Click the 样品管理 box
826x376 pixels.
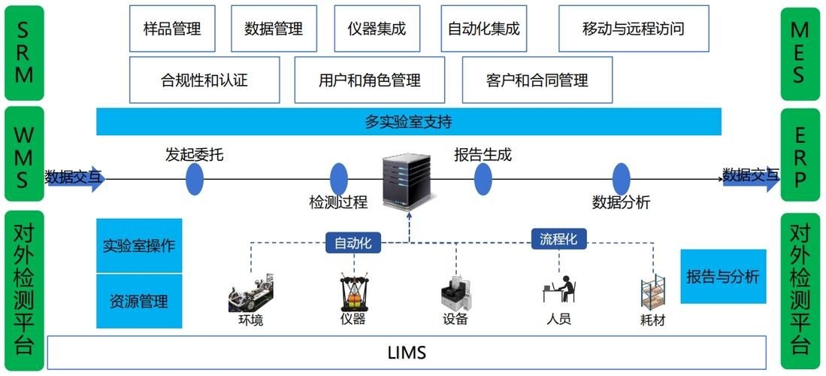pyautogui.click(x=171, y=29)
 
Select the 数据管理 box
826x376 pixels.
pyautogui.click(x=274, y=29)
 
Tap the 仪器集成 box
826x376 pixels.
pyautogui.click(x=377, y=29)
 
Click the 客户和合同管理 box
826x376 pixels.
pyautogui.click(x=537, y=80)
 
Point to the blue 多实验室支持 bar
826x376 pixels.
pyautogui.click(x=408, y=122)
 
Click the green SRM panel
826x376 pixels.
pyautogui.click(x=24, y=53)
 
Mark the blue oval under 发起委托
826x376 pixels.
pyautogui.click(x=195, y=179)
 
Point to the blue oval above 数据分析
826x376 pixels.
pyautogui.click(x=621, y=179)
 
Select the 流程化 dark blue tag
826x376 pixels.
pyautogui.click(x=558, y=239)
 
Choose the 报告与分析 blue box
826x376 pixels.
pyautogui.click(x=723, y=276)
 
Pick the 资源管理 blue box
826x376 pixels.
pyautogui.click(x=140, y=302)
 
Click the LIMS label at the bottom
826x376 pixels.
pyautogui.click(x=407, y=353)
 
